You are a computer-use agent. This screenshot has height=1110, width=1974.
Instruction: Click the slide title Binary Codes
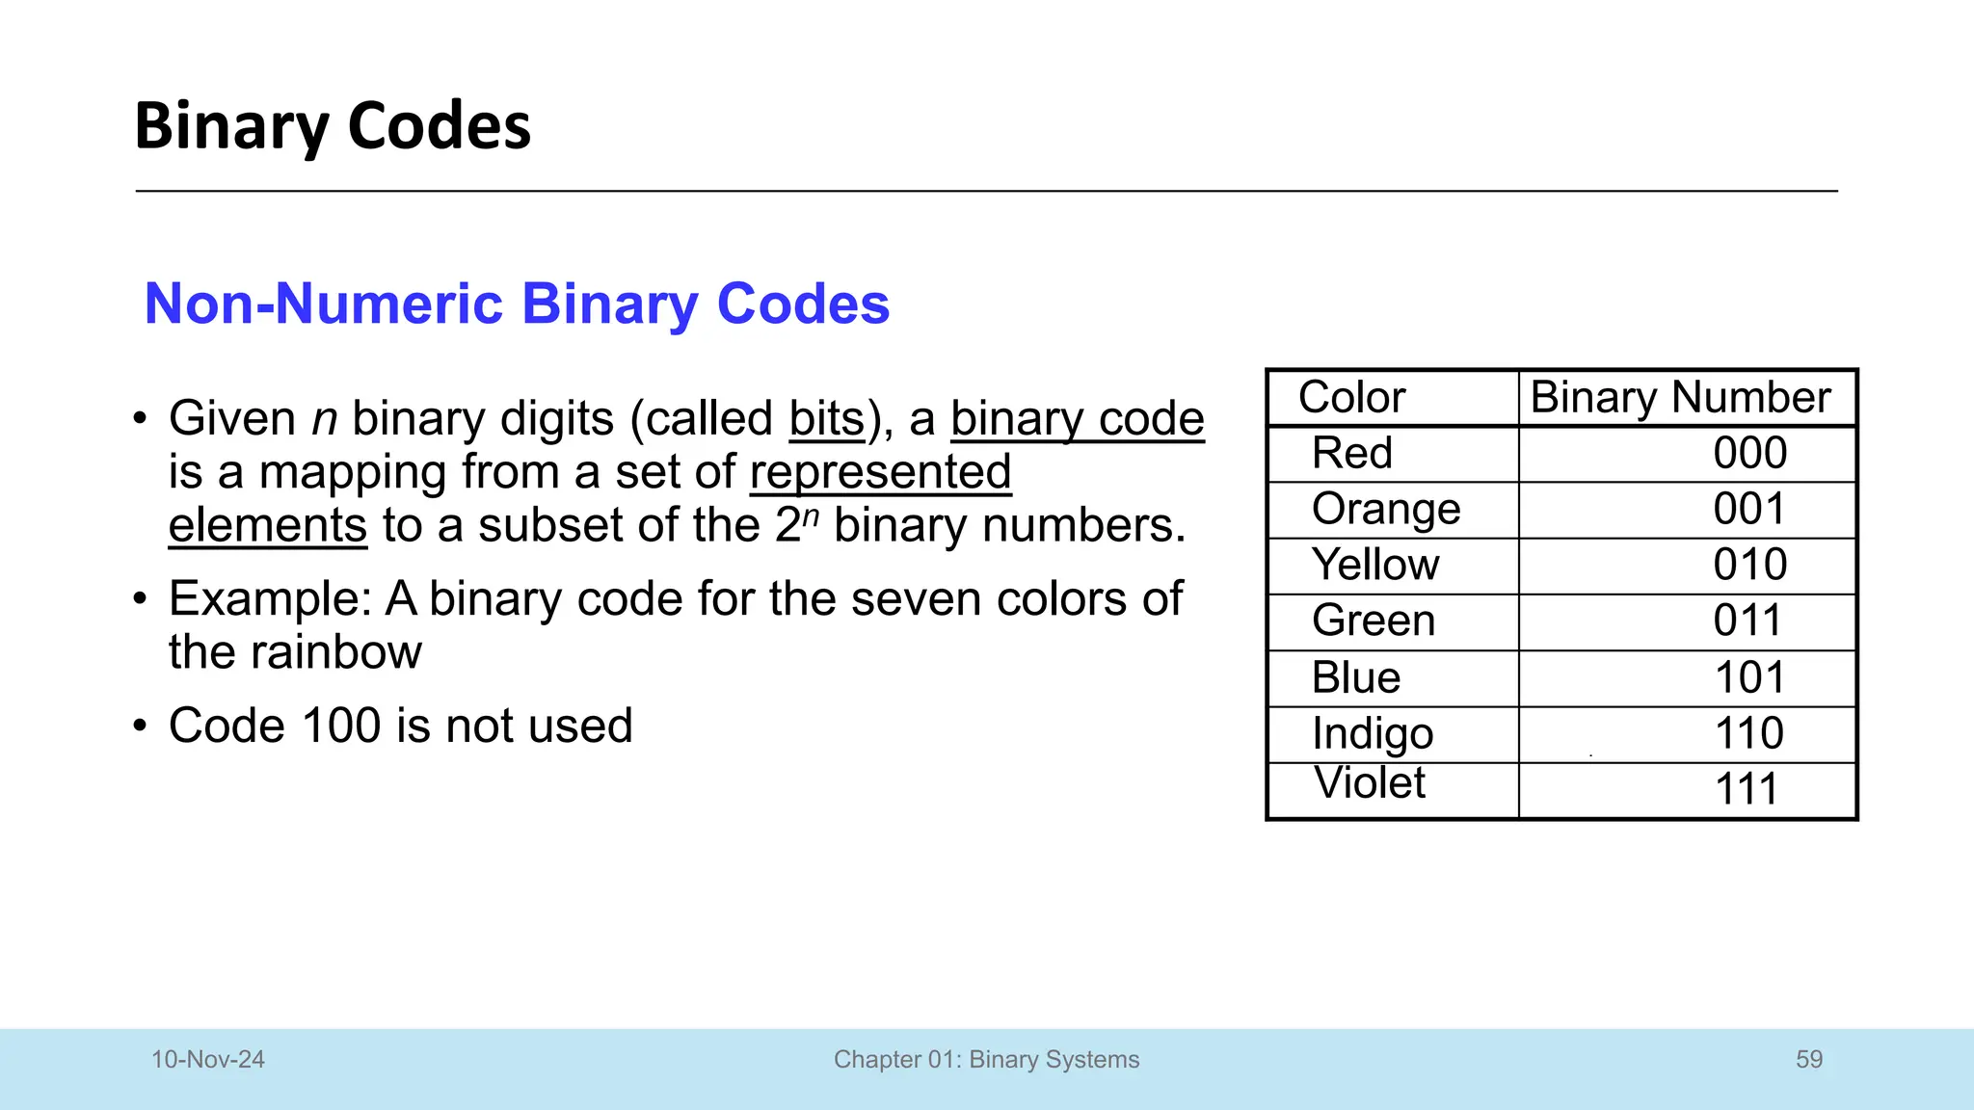[x=333, y=126]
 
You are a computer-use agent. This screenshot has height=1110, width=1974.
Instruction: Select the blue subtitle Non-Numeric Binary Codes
[x=517, y=304]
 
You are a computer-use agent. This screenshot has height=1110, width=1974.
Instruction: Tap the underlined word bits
[x=827, y=419]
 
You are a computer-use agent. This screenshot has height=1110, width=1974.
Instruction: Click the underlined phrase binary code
[x=1077, y=419]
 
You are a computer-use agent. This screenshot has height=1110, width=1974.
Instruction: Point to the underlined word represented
[x=880, y=472]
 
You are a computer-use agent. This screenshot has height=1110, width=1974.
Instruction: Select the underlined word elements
[x=268, y=526]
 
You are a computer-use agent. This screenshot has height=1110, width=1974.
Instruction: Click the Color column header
[x=1351, y=397]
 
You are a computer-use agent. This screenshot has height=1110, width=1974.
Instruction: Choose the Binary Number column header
[x=1680, y=397]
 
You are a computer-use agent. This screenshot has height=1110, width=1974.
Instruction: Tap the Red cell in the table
[x=1352, y=453]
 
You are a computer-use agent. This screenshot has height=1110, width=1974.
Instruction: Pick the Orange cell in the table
[x=1386, y=509]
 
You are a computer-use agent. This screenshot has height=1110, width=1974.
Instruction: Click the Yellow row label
[x=1375, y=565]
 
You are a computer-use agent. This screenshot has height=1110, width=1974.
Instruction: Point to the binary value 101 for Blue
[x=1749, y=677]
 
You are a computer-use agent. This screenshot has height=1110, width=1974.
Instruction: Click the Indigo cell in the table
[x=1373, y=734]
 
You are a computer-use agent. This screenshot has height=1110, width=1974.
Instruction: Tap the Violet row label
[x=1370, y=782]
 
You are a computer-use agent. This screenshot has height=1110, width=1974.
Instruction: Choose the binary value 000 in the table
[x=1749, y=453]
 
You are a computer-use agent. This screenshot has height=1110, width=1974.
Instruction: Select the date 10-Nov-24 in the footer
[x=208, y=1060]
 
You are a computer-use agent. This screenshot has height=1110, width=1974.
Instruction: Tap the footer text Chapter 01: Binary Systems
[x=986, y=1060]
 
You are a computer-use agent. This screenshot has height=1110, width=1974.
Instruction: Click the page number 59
[x=1809, y=1060]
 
